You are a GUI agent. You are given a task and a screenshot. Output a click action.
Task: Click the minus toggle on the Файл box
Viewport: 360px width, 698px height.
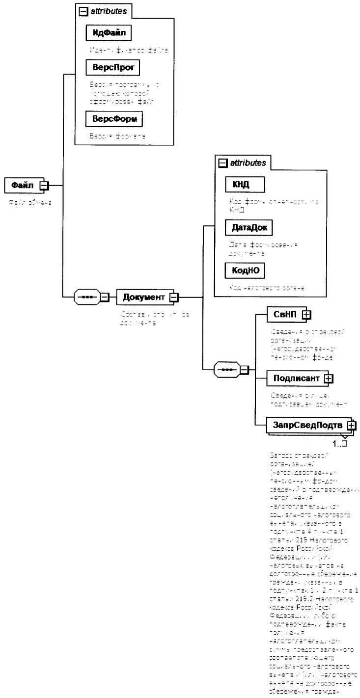tap(43, 186)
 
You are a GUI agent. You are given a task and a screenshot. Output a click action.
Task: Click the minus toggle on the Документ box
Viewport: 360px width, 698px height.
tap(174, 297)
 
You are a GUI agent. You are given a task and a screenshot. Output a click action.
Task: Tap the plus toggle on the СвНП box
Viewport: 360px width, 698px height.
tap(306, 316)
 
